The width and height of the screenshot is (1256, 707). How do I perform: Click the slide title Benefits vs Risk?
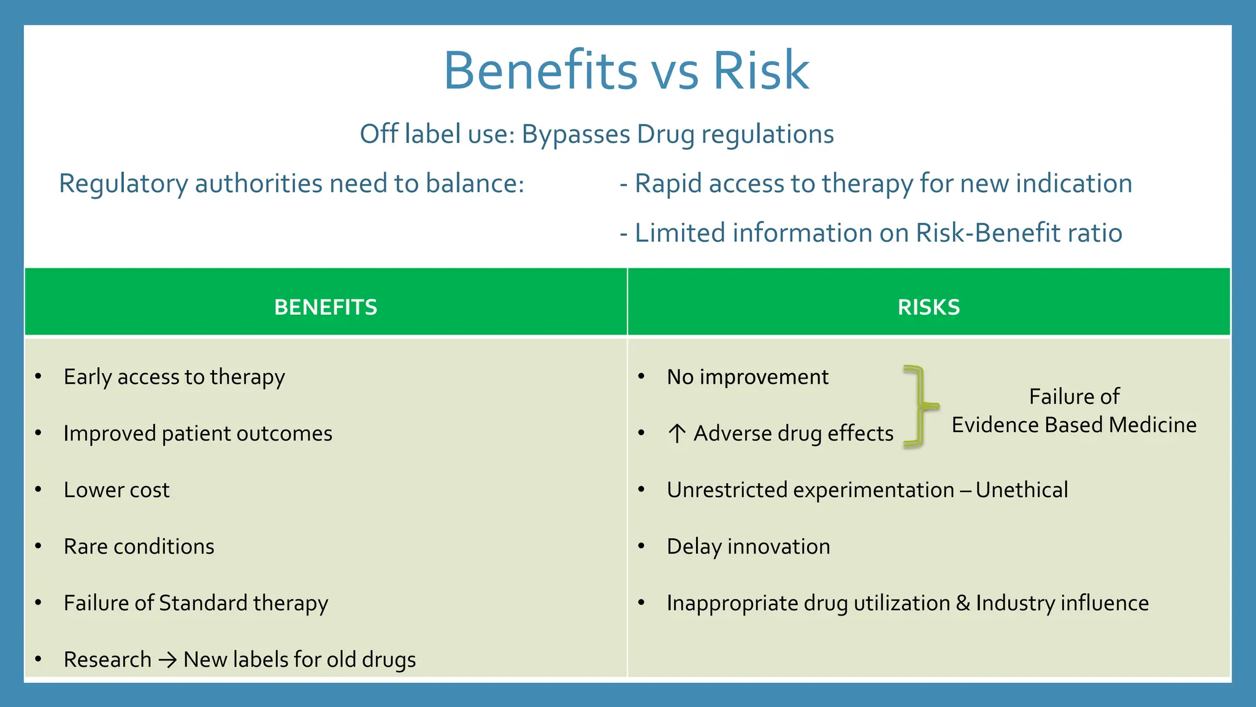(626, 70)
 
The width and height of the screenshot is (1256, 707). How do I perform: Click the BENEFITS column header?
(326, 307)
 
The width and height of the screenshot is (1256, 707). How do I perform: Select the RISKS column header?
(929, 307)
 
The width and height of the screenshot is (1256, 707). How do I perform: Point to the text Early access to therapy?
(174, 377)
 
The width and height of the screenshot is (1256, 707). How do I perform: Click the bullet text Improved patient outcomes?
(197, 433)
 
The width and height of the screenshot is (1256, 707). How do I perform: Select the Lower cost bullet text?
(117, 490)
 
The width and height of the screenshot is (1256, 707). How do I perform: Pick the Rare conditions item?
(139, 546)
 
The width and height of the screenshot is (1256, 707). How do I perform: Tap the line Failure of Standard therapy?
(196, 603)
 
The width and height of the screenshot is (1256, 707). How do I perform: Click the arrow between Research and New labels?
(167, 660)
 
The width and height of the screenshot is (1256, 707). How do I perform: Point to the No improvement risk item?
(747, 377)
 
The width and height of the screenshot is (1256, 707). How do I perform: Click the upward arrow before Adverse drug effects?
(676, 433)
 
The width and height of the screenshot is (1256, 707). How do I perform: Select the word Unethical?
(1022, 490)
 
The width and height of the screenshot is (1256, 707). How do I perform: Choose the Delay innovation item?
(748, 546)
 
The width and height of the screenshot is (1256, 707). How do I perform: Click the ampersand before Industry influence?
(963, 603)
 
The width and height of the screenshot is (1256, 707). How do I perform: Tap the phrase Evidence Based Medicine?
(1074, 425)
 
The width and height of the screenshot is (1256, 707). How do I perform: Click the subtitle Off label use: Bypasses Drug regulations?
(596, 134)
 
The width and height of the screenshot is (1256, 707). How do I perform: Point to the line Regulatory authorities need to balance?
(291, 184)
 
